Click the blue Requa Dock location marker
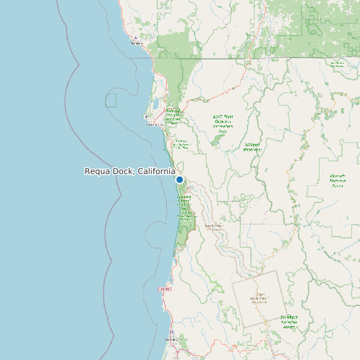[x=179, y=179]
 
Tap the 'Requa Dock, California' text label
[x=130, y=171]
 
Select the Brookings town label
[x=137, y=44]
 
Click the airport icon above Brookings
[x=135, y=37]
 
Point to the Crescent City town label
[x=154, y=124]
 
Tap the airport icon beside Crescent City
[x=147, y=117]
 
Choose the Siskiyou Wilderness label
[x=252, y=145]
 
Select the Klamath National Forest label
[x=337, y=181]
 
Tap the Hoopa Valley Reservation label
[x=258, y=298]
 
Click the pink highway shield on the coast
[x=165, y=289]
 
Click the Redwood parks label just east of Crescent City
[x=173, y=117]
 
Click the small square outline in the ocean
[x=110, y=100]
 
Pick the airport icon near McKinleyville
[x=172, y=332]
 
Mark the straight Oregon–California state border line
[x=266, y=58]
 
